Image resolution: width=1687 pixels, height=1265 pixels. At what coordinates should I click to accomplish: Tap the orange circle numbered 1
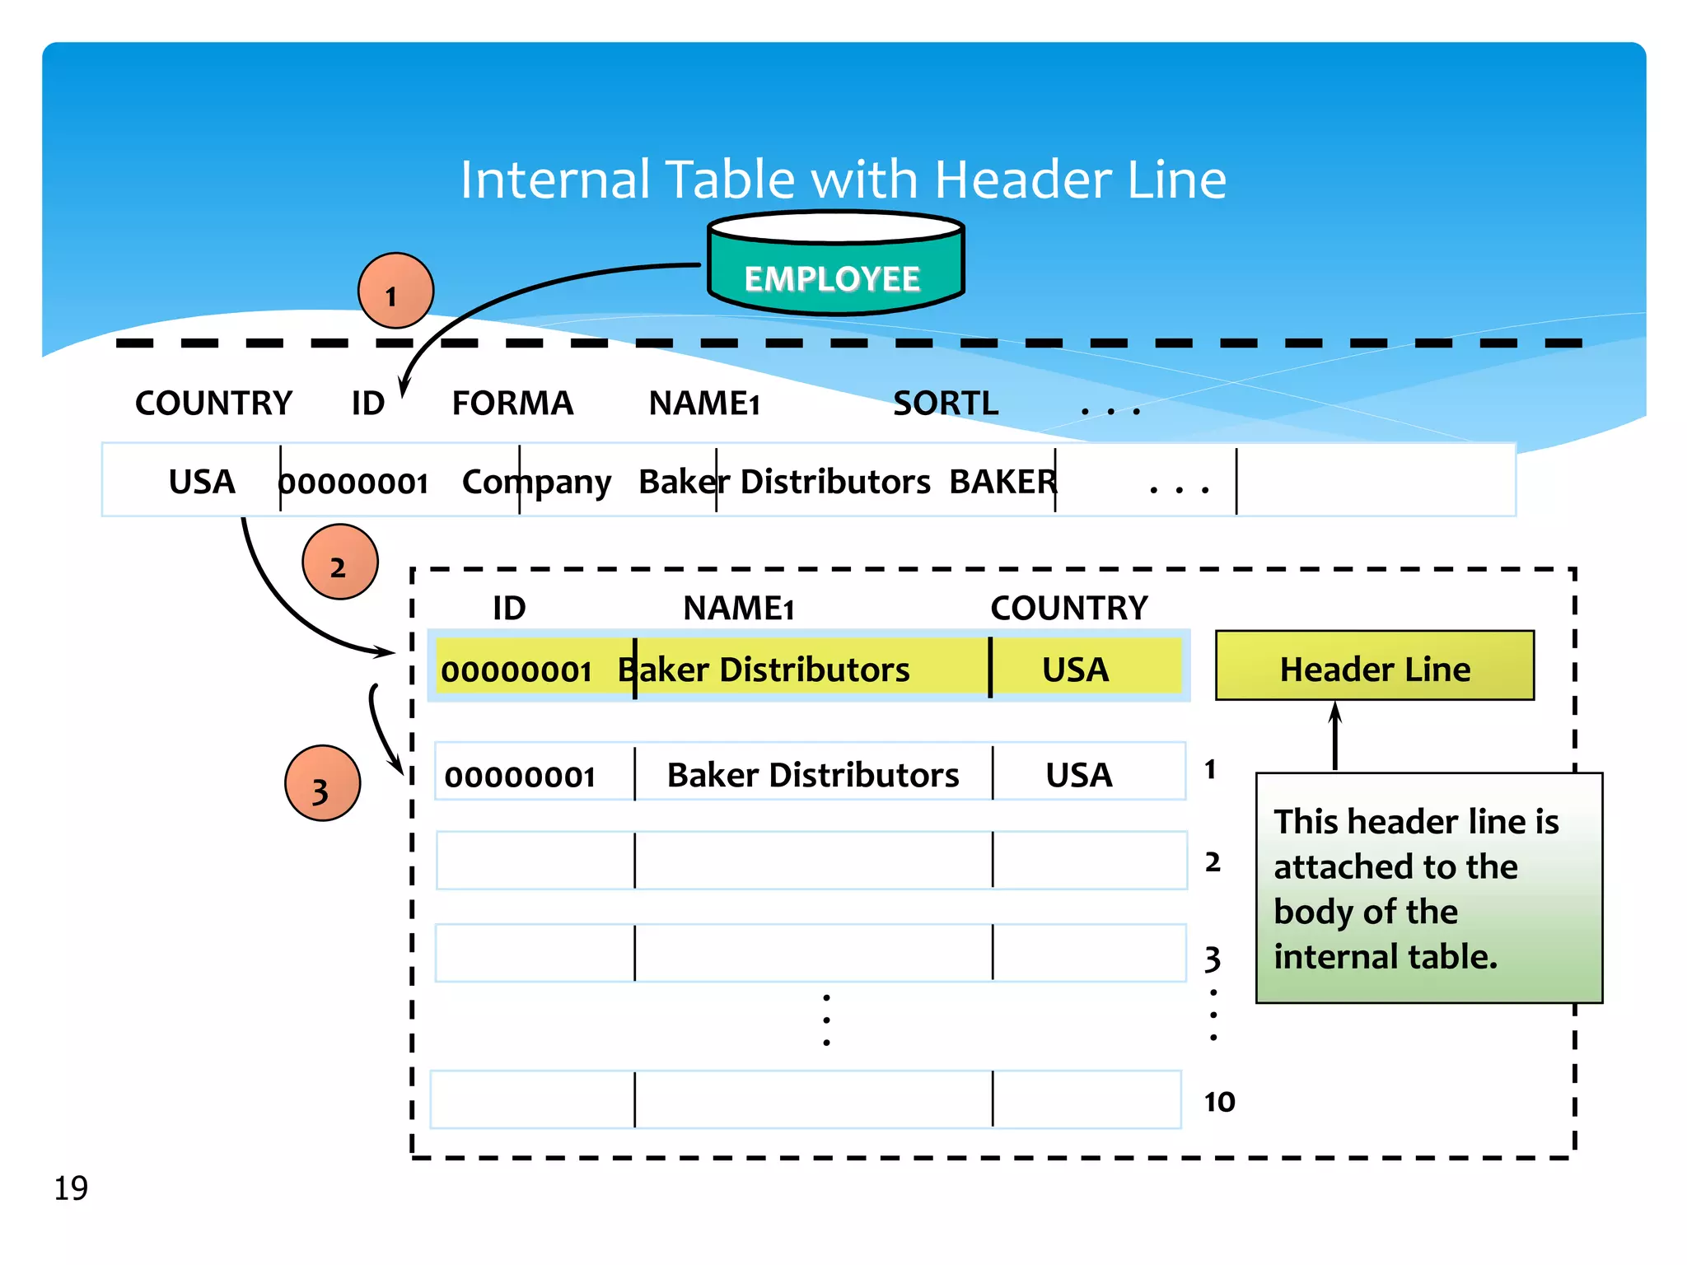coord(395,291)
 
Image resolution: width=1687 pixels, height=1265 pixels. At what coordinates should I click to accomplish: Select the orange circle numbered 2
coord(339,562)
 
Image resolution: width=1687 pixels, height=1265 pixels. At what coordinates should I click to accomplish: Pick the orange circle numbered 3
coord(322,783)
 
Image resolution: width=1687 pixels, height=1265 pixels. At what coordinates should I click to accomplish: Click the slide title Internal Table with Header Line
coord(843,180)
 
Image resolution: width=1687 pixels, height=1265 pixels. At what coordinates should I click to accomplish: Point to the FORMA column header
coord(512,404)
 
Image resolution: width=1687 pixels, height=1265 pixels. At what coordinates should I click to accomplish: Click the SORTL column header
coord(945,404)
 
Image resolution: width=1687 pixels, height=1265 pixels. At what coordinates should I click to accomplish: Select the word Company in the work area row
coord(536,483)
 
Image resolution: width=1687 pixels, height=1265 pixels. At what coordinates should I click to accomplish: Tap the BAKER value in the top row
coord(1002,482)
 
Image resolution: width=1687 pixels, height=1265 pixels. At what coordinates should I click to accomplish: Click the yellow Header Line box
coord(1374,666)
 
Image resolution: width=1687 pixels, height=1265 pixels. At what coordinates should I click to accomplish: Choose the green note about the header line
coord(1428,888)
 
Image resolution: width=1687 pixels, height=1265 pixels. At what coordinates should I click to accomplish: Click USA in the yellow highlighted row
coord(1075,670)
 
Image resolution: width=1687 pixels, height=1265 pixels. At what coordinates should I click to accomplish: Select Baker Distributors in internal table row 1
coord(812,775)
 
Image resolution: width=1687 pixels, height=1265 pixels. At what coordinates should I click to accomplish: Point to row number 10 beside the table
coord(1219,1102)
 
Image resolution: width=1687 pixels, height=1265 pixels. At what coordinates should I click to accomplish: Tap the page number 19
coord(71,1188)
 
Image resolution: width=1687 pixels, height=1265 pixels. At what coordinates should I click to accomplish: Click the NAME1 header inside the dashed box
coord(738,609)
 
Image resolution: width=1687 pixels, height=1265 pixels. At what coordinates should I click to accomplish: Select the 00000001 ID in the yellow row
coord(516,671)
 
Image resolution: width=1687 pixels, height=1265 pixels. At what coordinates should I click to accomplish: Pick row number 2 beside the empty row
coord(1213,862)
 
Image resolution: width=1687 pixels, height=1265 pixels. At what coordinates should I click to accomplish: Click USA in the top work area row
coord(202,482)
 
